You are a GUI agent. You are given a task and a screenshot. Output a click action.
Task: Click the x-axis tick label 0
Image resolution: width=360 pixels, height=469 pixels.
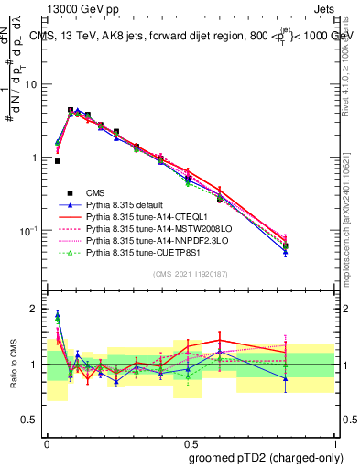(x=47, y=443)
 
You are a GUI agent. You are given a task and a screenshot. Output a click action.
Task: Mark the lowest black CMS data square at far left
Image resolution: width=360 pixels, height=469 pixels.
(x=57, y=161)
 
